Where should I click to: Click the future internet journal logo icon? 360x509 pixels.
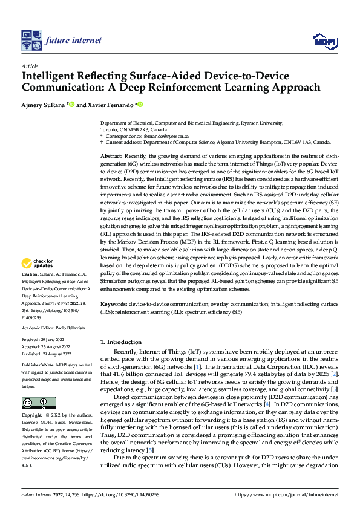[x=30, y=40]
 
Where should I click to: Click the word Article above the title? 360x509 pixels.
[x=28, y=66]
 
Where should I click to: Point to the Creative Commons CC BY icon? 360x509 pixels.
[x=38, y=386]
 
